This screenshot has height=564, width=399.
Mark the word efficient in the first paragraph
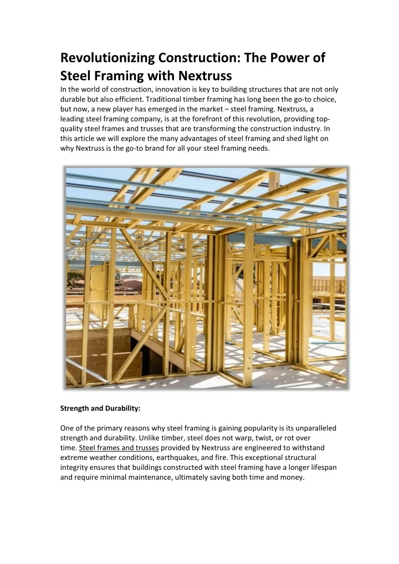click(130, 100)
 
